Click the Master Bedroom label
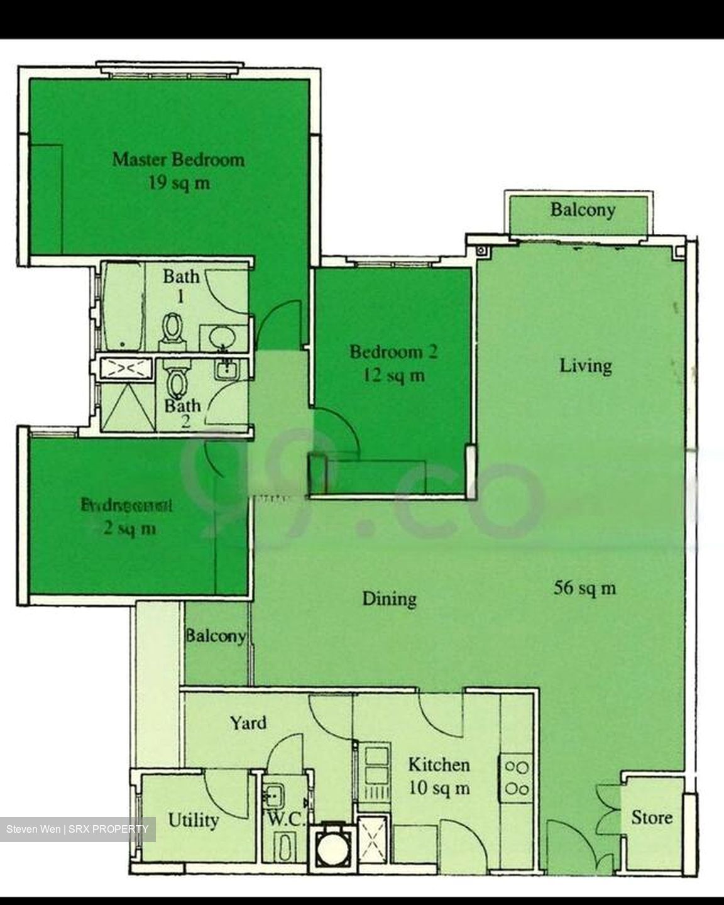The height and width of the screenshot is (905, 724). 178,159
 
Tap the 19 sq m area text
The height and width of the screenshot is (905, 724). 178,184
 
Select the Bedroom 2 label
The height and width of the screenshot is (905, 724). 393,351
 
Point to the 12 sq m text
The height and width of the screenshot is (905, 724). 393,376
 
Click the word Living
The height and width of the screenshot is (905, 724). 586,365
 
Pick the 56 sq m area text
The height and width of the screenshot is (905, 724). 584,588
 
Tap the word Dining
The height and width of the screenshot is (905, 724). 390,598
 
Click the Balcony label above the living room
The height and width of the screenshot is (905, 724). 583,209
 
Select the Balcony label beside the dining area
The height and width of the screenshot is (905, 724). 216,636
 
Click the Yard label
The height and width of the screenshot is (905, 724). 248,723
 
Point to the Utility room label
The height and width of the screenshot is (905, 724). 194,820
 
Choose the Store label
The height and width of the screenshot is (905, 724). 652,818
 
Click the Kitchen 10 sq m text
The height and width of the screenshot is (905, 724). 439,776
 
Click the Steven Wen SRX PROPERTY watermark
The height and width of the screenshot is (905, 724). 77,829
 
